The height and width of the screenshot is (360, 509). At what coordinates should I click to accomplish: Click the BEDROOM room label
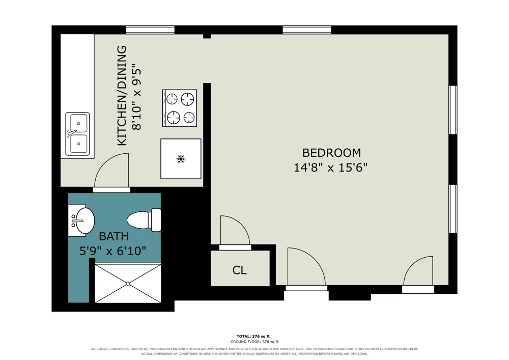[x=331, y=153]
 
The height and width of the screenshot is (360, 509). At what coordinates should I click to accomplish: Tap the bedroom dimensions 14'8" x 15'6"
[x=331, y=168]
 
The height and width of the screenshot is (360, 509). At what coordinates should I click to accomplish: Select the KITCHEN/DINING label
[x=122, y=95]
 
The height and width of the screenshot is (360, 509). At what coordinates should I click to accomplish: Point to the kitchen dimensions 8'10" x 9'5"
[x=136, y=96]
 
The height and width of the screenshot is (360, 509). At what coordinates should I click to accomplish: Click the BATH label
[x=114, y=236]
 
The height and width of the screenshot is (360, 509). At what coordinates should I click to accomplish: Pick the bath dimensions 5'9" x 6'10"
[x=112, y=251]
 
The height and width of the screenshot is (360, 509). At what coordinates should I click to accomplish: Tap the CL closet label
[x=240, y=270]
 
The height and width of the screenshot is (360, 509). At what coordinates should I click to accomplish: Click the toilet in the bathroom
[x=144, y=220]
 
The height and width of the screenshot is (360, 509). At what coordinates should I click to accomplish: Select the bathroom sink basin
[x=84, y=220]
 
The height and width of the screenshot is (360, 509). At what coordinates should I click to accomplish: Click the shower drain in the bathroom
[x=128, y=284]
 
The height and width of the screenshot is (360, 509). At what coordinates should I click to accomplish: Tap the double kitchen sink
[x=77, y=134]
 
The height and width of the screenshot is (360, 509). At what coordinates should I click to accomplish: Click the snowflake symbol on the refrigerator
[x=181, y=159]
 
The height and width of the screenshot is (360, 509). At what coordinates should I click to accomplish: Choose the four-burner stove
[x=180, y=108]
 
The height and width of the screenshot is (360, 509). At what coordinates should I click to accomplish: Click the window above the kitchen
[x=150, y=30]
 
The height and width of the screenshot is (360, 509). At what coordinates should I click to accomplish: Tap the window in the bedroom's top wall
[x=307, y=30]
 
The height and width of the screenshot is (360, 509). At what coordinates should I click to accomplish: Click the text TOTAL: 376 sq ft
[x=253, y=336]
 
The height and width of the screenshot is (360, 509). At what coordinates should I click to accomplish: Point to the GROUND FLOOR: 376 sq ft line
[x=254, y=342]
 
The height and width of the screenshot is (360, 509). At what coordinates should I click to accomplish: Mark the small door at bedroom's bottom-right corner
[x=418, y=274]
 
